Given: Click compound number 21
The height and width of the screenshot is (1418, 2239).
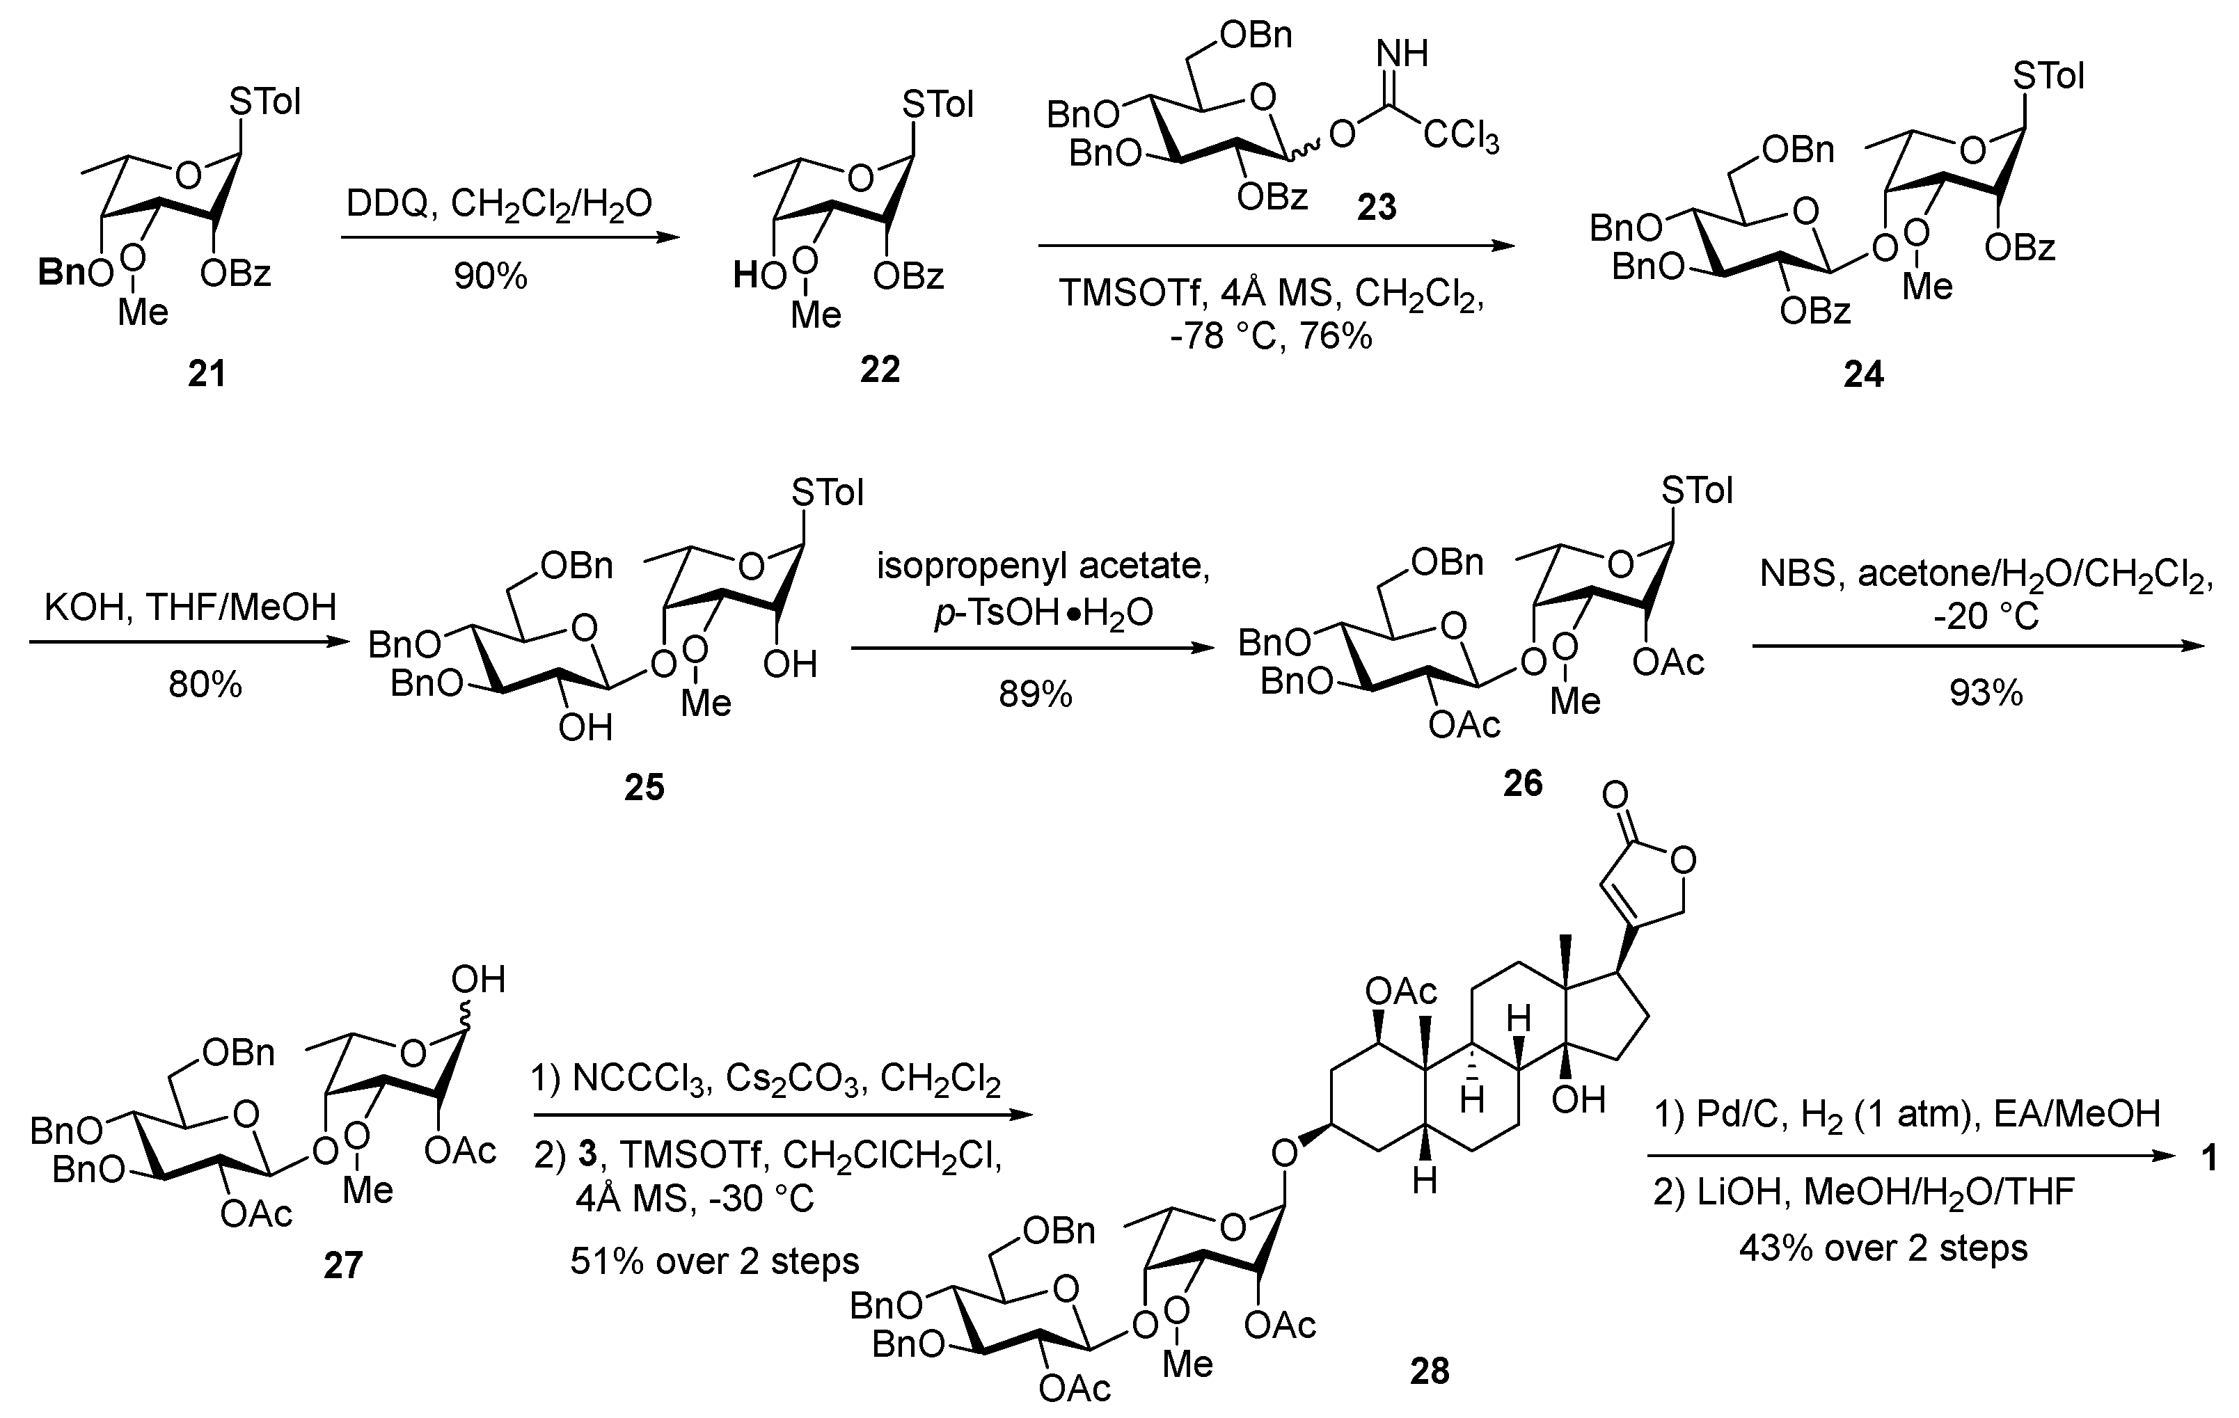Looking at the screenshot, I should tap(207, 374).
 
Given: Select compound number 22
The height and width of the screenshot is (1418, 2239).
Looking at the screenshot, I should tap(880, 370).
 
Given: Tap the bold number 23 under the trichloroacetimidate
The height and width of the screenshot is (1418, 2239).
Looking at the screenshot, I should tap(1376, 207).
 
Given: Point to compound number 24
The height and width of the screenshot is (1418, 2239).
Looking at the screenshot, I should tap(1863, 374).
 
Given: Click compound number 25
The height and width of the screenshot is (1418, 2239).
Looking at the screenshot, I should tap(644, 788).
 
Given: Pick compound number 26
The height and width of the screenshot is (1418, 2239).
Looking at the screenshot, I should tap(1523, 783).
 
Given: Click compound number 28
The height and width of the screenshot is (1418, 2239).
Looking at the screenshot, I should tap(1429, 1371).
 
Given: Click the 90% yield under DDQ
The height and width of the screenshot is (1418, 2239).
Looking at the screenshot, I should tap(491, 276).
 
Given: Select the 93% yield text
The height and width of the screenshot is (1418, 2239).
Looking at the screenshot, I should tap(1986, 693).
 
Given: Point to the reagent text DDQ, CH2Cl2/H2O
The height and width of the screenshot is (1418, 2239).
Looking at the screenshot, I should tap(499, 202).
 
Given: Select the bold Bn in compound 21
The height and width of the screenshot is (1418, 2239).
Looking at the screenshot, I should tap(61, 273).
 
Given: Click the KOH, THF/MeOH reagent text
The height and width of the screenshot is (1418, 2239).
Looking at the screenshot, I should tap(191, 607).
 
